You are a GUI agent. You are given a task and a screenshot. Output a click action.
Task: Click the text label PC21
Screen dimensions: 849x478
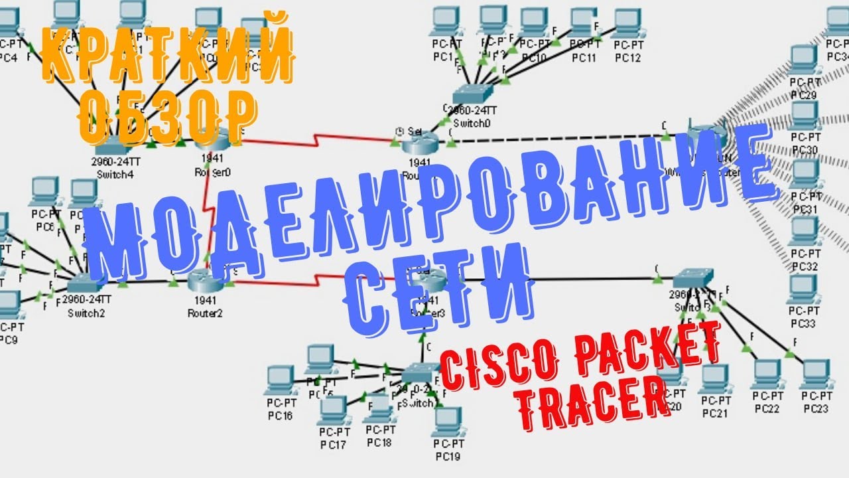[x=715, y=413]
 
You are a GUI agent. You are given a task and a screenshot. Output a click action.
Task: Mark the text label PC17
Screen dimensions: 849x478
[x=332, y=443]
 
